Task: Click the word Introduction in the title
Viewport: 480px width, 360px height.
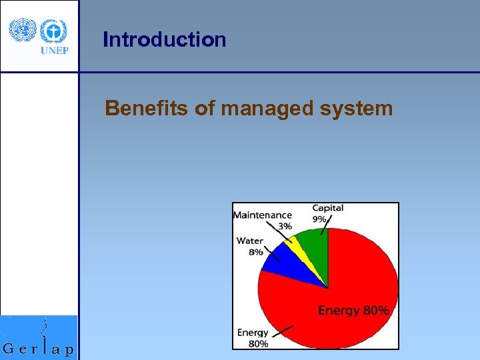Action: pyautogui.click(x=164, y=40)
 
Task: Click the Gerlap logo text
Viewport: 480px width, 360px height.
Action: pyautogui.click(x=39, y=348)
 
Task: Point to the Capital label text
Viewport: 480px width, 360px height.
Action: pyautogui.click(x=328, y=208)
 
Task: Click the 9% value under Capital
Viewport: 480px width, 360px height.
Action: pyautogui.click(x=319, y=219)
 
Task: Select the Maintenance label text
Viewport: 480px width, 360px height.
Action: pyautogui.click(x=262, y=215)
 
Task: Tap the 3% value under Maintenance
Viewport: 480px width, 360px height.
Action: pyautogui.click(x=285, y=226)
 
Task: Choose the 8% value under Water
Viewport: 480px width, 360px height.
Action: pyautogui.click(x=256, y=252)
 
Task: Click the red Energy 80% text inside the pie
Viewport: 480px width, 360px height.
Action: pyautogui.click(x=353, y=311)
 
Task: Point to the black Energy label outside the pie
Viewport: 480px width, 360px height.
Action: pyautogui.click(x=253, y=332)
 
